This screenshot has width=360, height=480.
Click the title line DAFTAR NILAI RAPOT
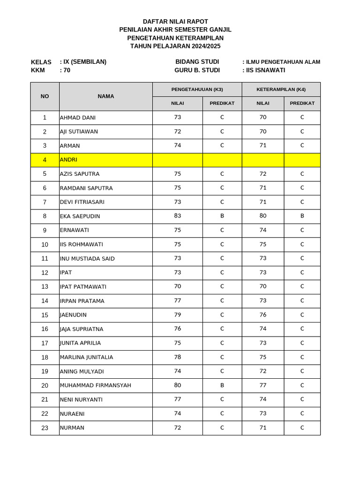pyautogui.click(x=175, y=22)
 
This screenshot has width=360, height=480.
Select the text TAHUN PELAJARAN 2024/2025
pyautogui.click(x=175, y=46)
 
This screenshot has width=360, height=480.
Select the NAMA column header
pyautogui.click(x=106, y=96)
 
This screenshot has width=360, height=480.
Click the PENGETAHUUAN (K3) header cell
pyautogui.click(x=197, y=89)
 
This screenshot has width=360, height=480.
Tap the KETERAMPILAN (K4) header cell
pyautogui.click(x=281, y=89)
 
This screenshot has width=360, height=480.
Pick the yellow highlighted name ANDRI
pyautogui.click(x=68, y=160)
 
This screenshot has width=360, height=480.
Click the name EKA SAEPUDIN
pyautogui.click(x=80, y=216)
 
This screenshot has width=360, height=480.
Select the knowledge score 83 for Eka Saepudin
pyautogui.click(x=177, y=216)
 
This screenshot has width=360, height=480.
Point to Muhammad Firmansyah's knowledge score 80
pyautogui.click(x=177, y=385)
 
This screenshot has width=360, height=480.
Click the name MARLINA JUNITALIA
pyautogui.click(x=86, y=357)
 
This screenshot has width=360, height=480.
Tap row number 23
pyautogui.click(x=45, y=428)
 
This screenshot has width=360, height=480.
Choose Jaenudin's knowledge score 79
pyautogui.click(x=177, y=315)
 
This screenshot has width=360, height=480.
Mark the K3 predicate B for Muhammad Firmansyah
pyautogui.click(x=222, y=385)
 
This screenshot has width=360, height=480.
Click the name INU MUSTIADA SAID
pyautogui.click(x=87, y=259)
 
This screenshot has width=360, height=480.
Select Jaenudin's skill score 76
pyautogui.click(x=263, y=315)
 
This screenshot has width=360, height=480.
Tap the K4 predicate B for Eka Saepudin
pyautogui.click(x=302, y=216)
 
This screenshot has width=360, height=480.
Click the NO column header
pyautogui.click(x=45, y=96)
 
